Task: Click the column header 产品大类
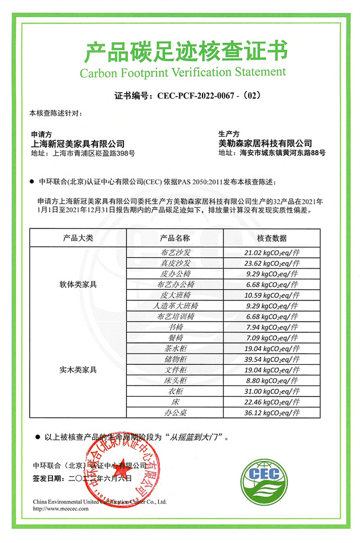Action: click(x=78, y=238)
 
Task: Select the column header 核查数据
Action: click(x=271, y=238)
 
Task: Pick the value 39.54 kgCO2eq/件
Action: click(x=271, y=359)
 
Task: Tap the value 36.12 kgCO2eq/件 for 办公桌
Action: click(x=271, y=413)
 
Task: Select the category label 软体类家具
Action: click(x=78, y=284)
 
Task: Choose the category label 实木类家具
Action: click(x=78, y=370)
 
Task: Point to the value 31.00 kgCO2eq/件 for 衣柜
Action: click(x=271, y=391)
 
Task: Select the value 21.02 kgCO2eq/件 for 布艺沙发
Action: click(x=271, y=252)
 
